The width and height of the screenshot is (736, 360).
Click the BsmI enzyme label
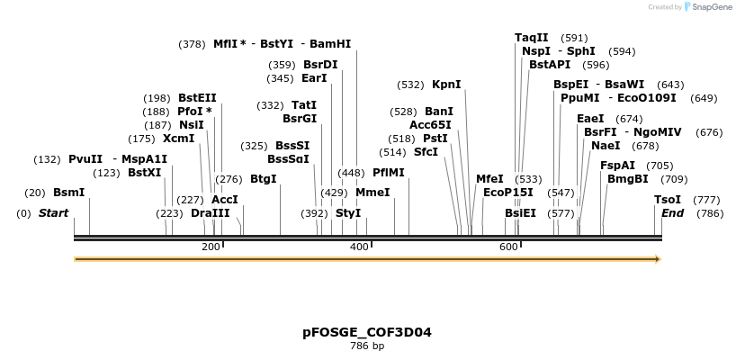(68, 193)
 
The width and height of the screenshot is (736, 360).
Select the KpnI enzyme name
(446, 85)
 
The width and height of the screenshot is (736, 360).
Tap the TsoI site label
(668, 200)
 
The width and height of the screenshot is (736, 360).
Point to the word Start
(53, 213)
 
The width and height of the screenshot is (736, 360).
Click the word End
(672, 213)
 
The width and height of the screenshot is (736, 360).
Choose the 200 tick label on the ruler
(211, 247)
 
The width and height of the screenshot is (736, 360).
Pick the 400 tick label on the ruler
(359, 247)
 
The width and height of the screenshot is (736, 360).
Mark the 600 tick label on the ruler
(508, 247)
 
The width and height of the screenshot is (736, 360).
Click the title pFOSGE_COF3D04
(367, 332)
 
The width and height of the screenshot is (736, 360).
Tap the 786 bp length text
(367, 346)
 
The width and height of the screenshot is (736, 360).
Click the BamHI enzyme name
(330, 43)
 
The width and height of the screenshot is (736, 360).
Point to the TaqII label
(531, 38)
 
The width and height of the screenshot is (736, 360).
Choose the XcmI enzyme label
(178, 139)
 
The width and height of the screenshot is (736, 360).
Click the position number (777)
(706, 200)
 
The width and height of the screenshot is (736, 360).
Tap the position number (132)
(47, 159)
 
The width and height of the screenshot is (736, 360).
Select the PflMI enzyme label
(389, 173)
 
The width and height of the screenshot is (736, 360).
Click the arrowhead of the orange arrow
(658, 259)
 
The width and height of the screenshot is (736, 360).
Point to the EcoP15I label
(507, 193)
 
